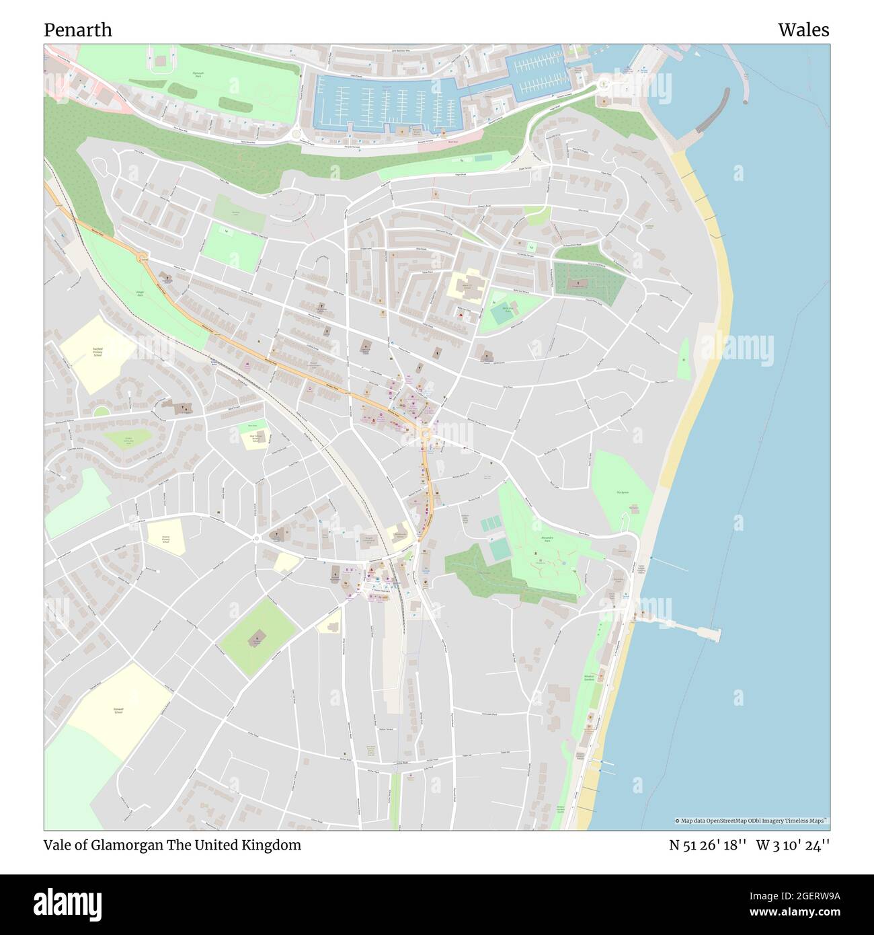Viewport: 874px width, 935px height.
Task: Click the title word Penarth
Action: pos(78,30)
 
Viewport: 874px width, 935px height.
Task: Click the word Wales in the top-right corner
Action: pos(803,30)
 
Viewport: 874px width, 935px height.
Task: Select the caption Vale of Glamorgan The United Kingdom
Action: pos(173,845)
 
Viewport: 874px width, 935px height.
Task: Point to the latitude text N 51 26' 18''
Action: pos(707,845)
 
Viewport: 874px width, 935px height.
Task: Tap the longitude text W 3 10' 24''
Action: pos(793,845)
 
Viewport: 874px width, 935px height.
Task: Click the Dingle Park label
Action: pos(141,293)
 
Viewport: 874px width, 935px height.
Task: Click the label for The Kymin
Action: pos(622,492)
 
